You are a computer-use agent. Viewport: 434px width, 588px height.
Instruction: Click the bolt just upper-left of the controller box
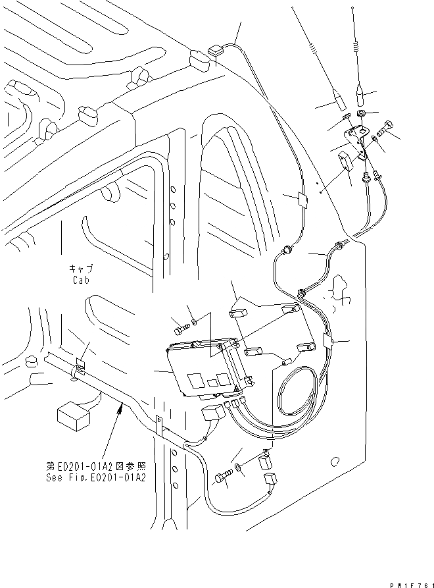click(x=180, y=325)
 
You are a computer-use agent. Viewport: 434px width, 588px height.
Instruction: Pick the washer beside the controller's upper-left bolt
click(x=193, y=322)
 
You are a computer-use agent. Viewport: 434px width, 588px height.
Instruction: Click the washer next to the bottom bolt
click(x=237, y=468)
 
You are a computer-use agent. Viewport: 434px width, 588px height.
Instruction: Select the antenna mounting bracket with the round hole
click(x=359, y=144)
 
